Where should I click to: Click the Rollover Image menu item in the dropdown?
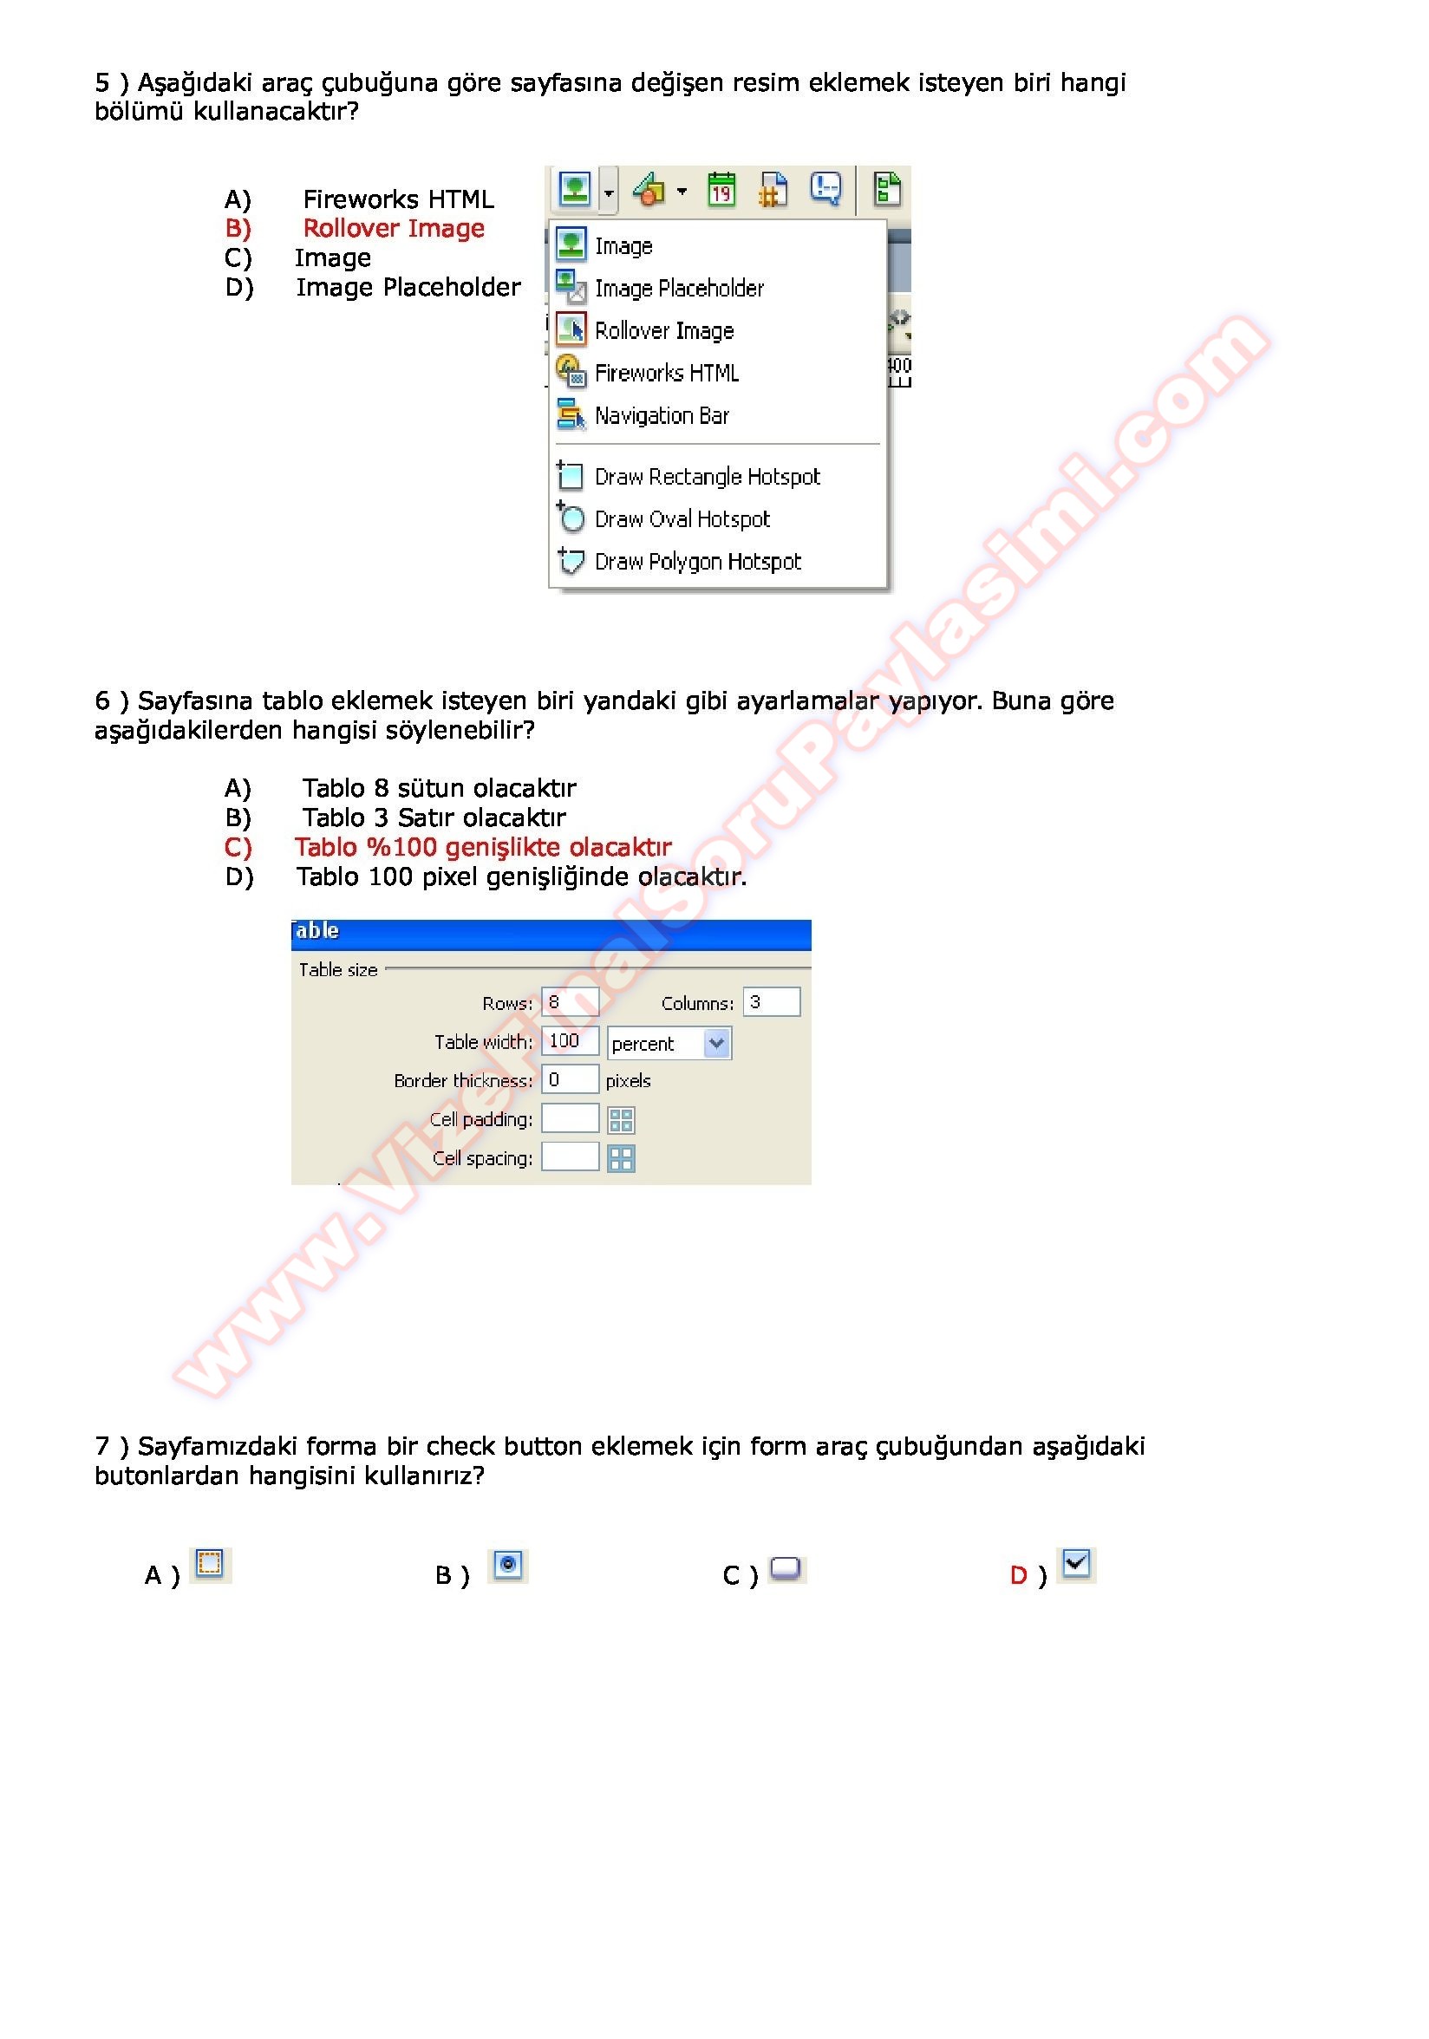tap(662, 330)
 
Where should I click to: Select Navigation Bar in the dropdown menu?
tap(661, 415)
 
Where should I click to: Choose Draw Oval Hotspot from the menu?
tap(682, 518)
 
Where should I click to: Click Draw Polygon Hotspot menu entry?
tap(697, 561)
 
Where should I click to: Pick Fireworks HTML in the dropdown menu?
tap(666, 373)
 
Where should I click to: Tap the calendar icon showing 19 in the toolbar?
tap(721, 189)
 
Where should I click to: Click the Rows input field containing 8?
tap(570, 1002)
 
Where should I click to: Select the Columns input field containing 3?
tap(770, 1002)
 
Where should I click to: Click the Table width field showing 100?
tap(570, 1041)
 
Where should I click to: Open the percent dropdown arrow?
tap(717, 1043)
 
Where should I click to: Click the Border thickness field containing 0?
tap(570, 1080)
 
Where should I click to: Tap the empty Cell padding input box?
tap(570, 1118)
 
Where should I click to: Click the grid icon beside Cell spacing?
tap(621, 1158)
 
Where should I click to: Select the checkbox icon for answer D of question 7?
tap(1075, 1563)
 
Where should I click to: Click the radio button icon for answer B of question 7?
tap(507, 1564)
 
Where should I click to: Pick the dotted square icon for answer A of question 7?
tap(210, 1563)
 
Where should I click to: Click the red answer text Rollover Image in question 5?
tap(394, 228)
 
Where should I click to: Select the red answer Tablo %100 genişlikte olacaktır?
tap(483, 847)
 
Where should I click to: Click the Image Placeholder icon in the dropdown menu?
tap(571, 287)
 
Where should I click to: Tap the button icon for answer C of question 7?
tap(785, 1567)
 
